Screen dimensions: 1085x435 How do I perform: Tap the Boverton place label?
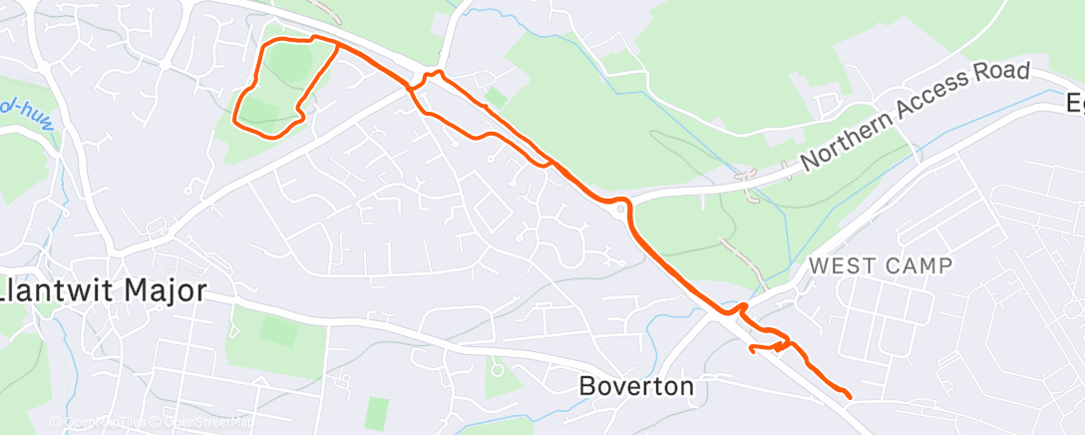[636, 385]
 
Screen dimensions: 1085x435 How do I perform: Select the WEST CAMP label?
[881, 265]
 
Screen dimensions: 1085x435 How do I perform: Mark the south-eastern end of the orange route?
[849, 397]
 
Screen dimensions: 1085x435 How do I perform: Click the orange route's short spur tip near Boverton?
[751, 347]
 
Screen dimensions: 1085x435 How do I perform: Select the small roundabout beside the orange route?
[621, 210]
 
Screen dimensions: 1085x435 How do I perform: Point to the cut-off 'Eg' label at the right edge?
[1074, 102]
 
